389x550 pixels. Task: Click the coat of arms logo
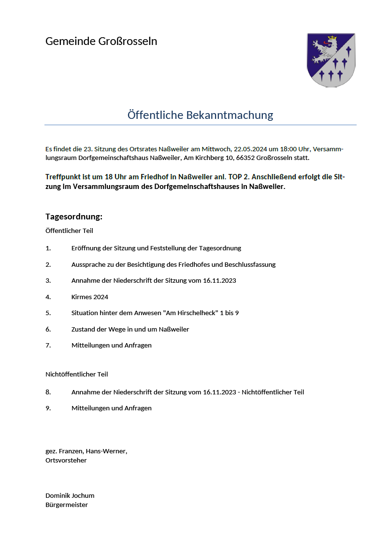331,60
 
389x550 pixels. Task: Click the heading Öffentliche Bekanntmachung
200,115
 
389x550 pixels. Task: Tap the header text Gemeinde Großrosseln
101,41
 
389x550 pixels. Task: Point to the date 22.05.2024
249,148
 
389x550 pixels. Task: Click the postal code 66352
246,158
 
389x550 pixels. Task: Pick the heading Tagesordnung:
74,216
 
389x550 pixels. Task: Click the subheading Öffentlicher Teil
69,231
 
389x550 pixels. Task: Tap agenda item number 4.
48,297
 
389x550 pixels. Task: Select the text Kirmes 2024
90,297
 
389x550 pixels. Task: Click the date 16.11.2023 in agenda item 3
219,280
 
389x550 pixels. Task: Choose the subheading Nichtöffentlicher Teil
76,374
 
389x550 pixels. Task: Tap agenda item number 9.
48,408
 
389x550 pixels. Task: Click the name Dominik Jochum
70,495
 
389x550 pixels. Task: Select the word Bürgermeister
67,505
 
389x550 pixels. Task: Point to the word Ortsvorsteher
66,460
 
